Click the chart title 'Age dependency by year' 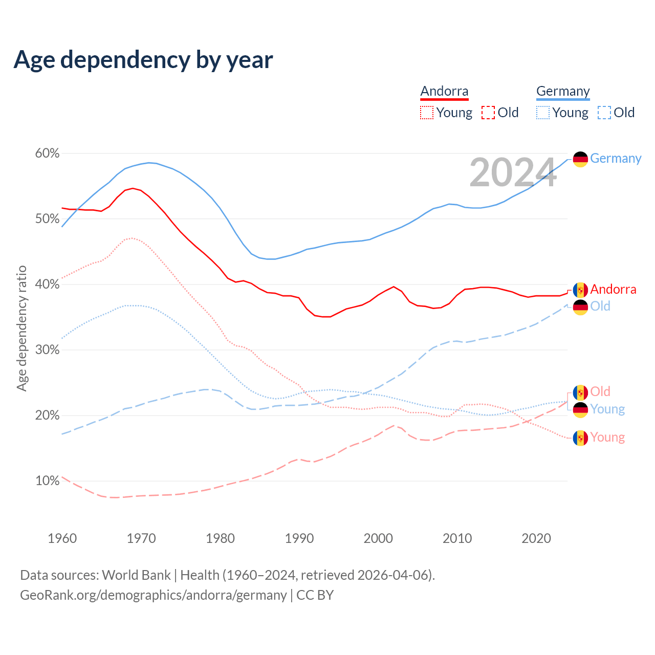(143, 60)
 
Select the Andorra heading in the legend (444, 91)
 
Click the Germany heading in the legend (563, 91)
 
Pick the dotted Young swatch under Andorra (427, 113)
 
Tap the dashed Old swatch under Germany (604, 113)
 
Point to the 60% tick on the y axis (47, 154)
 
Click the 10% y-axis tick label (47, 481)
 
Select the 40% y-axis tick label (47, 285)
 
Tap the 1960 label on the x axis (62, 538)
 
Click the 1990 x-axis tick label (299, 538)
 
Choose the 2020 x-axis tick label (536, 538)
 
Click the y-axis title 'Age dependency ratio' (22, 328)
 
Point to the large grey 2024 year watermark (513, 172)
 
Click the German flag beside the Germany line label (580, 159)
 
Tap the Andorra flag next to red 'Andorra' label (580, 290)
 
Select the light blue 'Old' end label (600, 306)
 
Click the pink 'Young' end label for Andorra (607, 438)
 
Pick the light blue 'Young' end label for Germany (607, 409)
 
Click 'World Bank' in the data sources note (136, 575)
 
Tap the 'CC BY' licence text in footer (315, 595)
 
